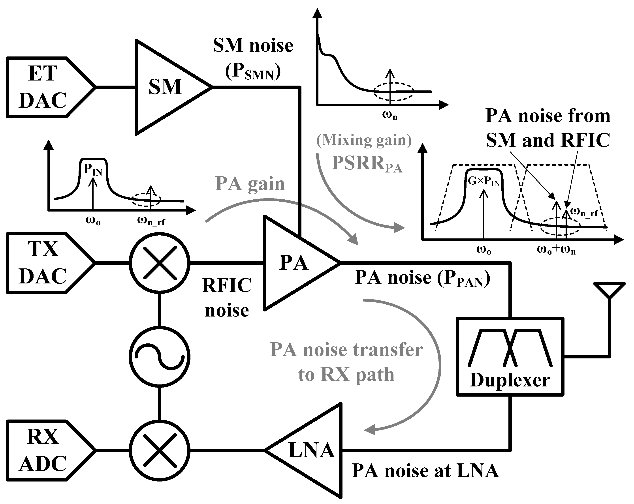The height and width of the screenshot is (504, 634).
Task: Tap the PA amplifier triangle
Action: click(x=294, y=262)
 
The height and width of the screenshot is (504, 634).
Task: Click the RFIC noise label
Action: click(x=227, y=297)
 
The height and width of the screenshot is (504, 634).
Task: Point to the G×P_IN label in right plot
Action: click(x=483, y=182)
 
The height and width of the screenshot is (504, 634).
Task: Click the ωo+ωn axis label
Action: click(x=556, y=250)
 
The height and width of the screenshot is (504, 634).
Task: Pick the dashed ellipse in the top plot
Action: click(x=394, y=91)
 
